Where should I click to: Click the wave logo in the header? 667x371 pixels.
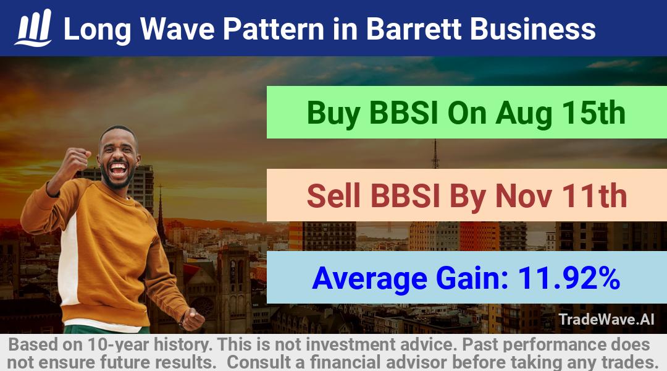[x=33, y=28]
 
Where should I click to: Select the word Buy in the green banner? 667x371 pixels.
[x=333, y=113]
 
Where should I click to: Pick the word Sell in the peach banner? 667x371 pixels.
[x=333, y=196]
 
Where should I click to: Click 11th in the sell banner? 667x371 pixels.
[x=594, y=195]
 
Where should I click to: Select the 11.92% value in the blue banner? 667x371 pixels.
[x=568, y=278]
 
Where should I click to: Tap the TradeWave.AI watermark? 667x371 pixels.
[x=606, y=319]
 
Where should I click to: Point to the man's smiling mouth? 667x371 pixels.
[x=118, y=169]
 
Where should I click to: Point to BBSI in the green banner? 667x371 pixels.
[x=404, y=113]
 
